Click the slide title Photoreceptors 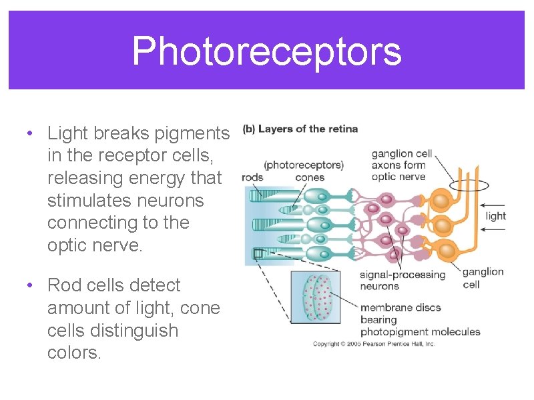pyautogui.click(x=266, y=51)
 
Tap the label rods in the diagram pyautogui.click(x=252, y=177)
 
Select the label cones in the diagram pyautogui.click(x=309, y=177)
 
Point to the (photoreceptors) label pyautogui.click(x=304, y=165)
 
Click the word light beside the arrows pyautogui.click(x=495, y=215)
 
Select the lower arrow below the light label pyautogui.click(x=493, y=231)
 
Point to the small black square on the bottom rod pyautogui.click(x=258, y=253)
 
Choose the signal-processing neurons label pyautogui.click(x=402, y=280)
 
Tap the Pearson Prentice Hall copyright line pyautogui.click(x=374, y=344)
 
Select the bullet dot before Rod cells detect pyautogui.click(x=30, y=285)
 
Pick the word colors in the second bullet pyautogui.click(x=74, y=353)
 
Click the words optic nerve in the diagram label pyautogui.click(x=398, y=177)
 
